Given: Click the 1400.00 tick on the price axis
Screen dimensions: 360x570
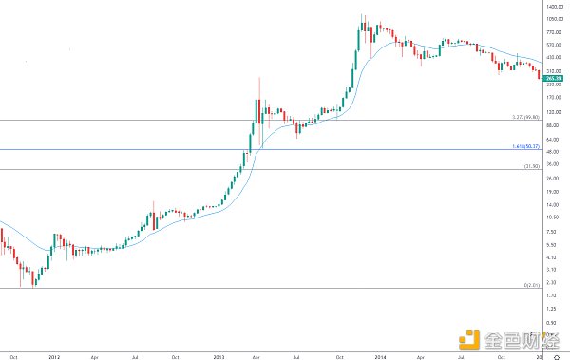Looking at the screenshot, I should click(556, 5).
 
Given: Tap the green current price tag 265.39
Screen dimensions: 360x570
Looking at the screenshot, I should click(557, 77).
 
